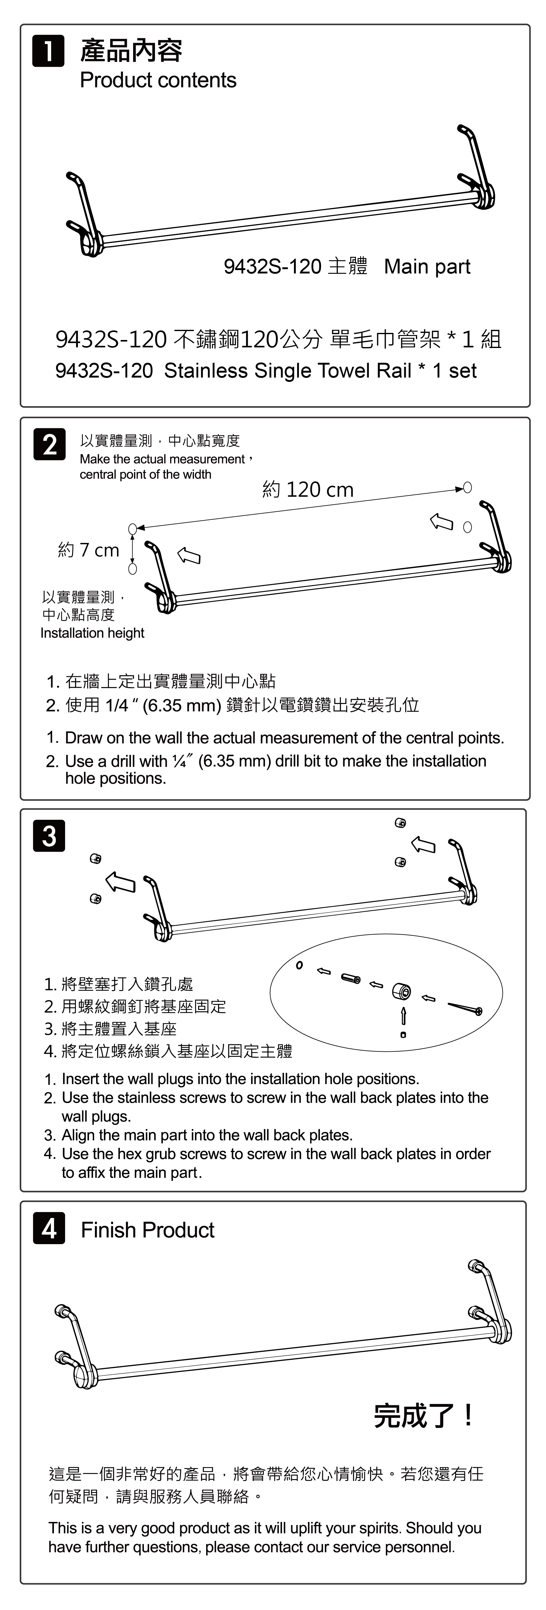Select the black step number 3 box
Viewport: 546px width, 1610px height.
(x=49, y=835)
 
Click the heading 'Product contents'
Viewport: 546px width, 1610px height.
(x=158, y=80)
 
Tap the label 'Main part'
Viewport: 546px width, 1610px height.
(x=427, y=266)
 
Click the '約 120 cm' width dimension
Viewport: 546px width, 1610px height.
(x=308, y=489)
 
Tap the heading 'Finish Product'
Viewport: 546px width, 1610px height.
(x=148, y=1230)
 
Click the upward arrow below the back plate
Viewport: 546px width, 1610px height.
(x=403, y=1015)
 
